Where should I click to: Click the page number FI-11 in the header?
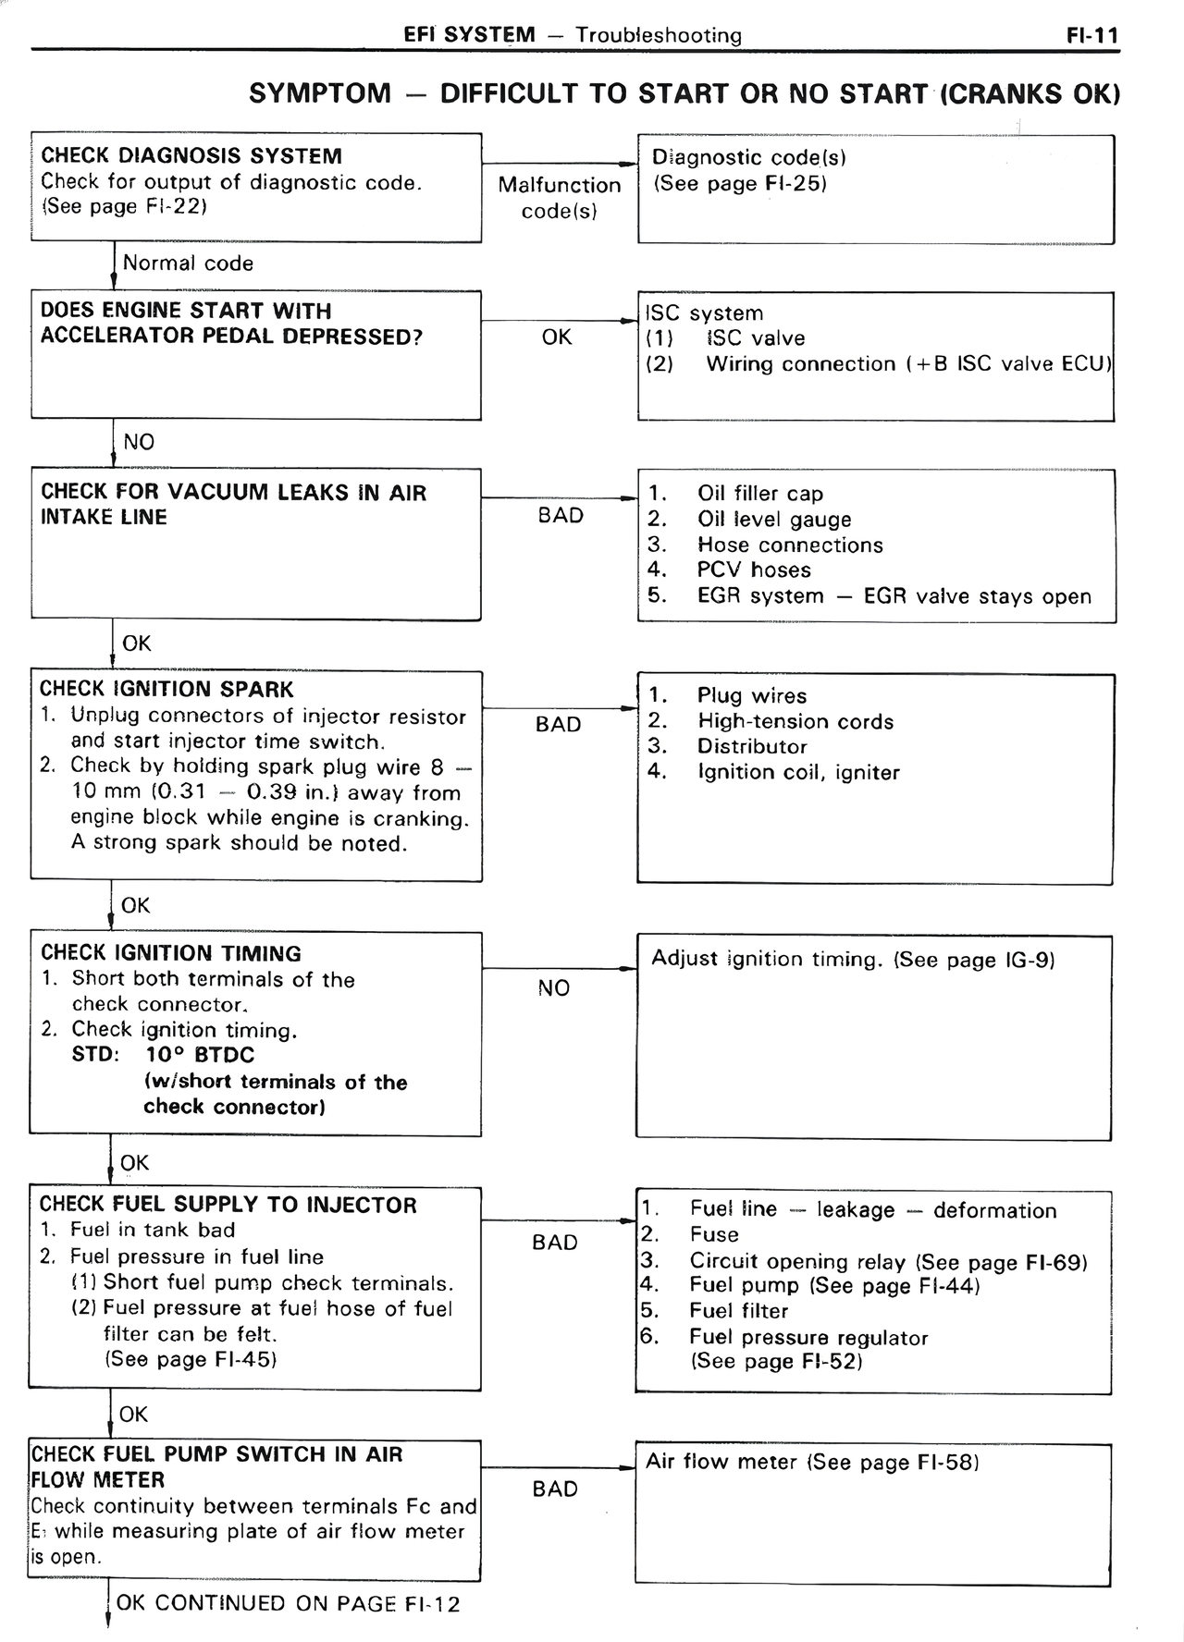[x=1091, y=36]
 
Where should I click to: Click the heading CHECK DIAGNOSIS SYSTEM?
[x=191, y=156]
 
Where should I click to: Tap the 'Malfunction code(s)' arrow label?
[x=559, y=198]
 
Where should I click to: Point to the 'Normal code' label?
[x=188, y=263]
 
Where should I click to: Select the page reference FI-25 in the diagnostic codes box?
[x=794, y=184]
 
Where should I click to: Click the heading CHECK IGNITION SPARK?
[x=166, y=690]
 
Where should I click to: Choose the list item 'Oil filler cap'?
[x=759, y=494]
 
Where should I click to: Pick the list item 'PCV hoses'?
[x=753, y=570]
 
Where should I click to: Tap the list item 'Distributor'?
[x=752, y=747]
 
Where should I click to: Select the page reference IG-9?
[x=1029, y=960]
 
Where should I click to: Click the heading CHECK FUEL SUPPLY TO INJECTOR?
[x=228, y=1205]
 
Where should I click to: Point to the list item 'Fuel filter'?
[x=738, y=1311]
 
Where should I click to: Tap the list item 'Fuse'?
[x=714, y=1235]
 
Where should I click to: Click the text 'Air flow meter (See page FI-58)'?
[x=812, y=1462]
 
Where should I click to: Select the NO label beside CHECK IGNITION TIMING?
[x=554, y=988]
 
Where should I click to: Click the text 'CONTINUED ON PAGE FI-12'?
[x=306, y=1603]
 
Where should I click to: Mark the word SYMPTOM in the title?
[x=320, y=94]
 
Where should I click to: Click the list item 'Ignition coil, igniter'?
[x=797, y=773]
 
